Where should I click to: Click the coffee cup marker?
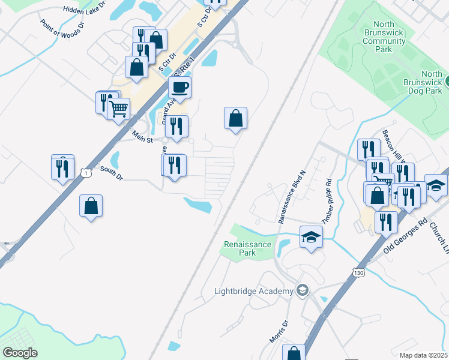179,88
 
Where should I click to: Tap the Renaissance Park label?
247,248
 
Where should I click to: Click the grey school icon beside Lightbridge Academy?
303,291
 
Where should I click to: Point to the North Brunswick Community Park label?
384,37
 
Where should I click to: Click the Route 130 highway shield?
358,272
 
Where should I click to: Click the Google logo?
20,353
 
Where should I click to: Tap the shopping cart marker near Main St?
119,110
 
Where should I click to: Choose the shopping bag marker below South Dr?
90,206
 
